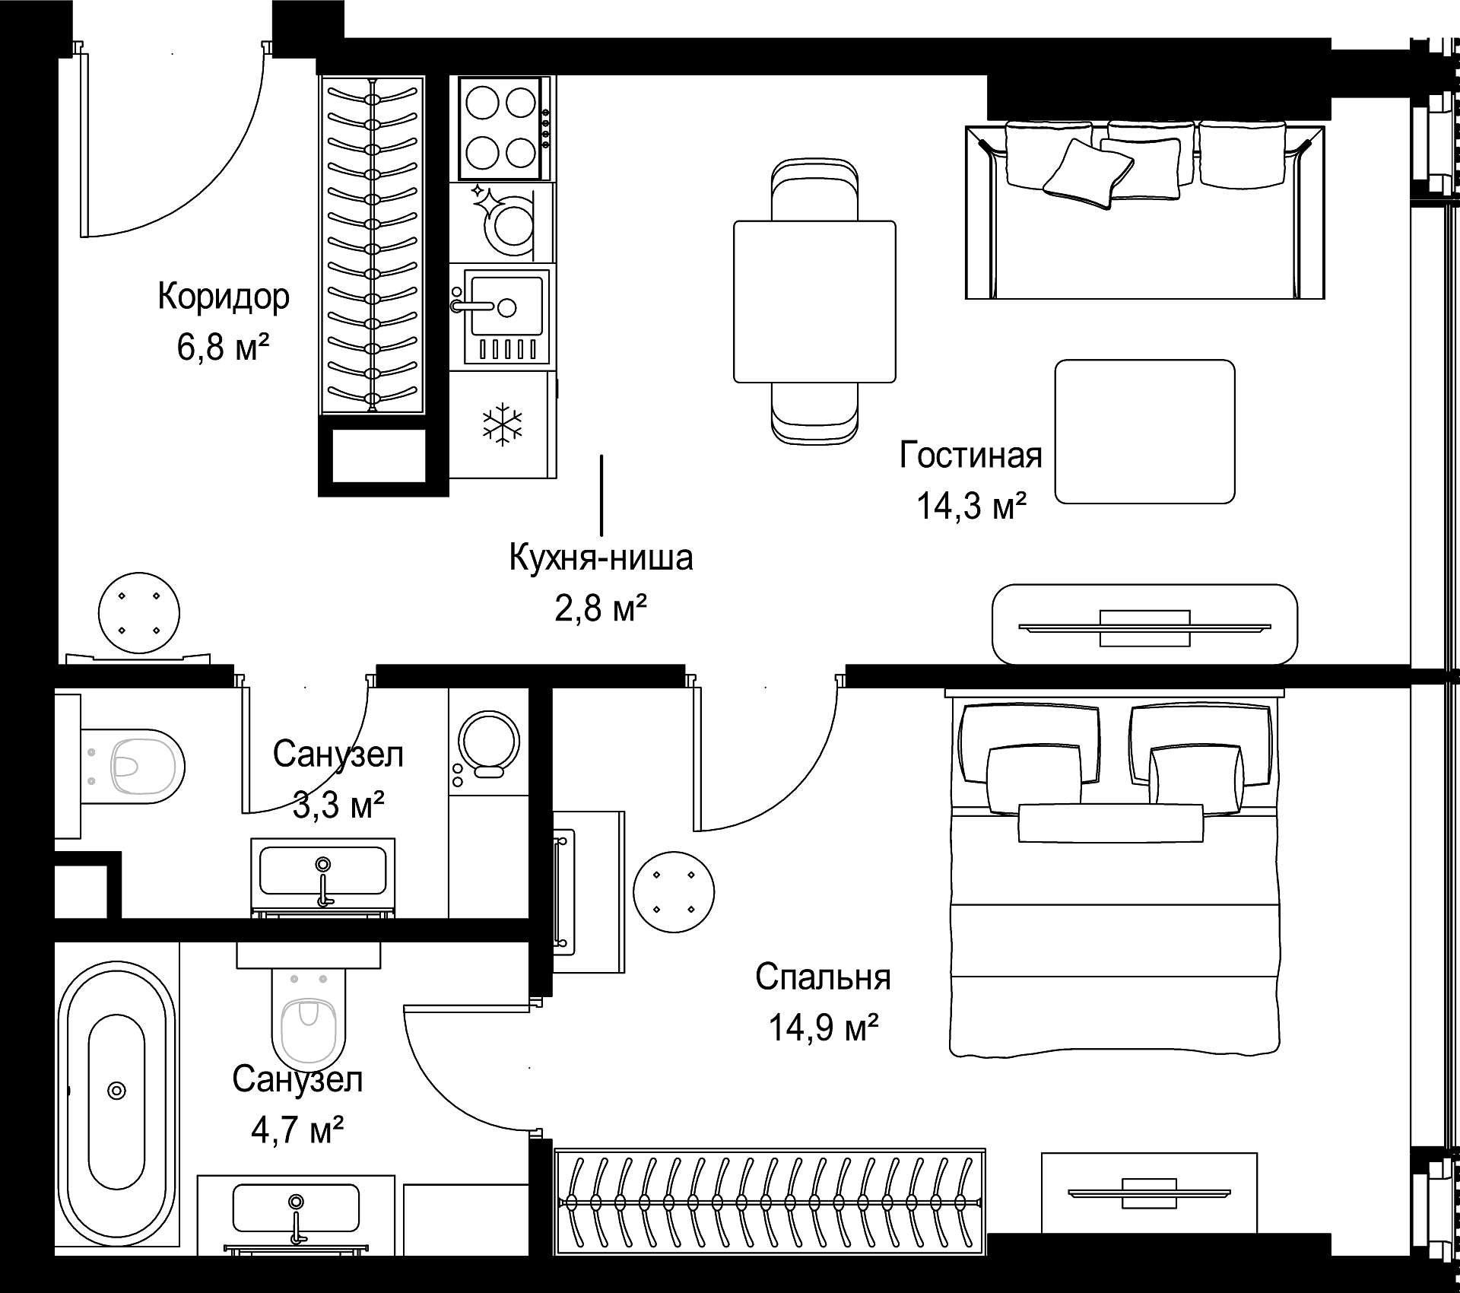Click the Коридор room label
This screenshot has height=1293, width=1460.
click(224, 297)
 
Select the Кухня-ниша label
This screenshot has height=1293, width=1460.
click(601, 558)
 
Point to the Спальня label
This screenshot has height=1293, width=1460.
click(823, 977)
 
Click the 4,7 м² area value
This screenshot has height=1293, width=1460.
click(297, 1129)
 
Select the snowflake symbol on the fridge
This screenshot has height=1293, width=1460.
click(503, 423)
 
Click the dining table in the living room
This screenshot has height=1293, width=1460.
click(814, 301)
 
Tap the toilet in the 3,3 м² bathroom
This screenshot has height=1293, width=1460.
click(132, 765)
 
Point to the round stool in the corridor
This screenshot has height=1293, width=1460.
click(140, 613)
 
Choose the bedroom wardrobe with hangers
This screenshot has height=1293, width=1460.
click(770, 1202)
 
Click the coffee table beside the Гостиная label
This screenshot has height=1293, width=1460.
click(1144, 431)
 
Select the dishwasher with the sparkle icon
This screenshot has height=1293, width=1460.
click(502, 221)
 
